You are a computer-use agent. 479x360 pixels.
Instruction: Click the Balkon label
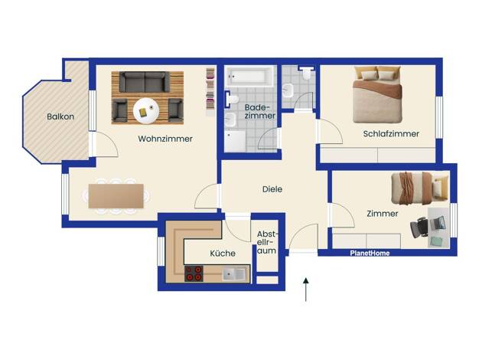[60, 116]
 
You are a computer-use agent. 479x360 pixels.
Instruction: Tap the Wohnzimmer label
[165, 139]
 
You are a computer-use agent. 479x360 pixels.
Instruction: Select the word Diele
[272, 189]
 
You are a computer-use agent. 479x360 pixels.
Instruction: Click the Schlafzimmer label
[391, 134]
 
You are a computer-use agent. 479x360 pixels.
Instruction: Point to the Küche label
[223, 254]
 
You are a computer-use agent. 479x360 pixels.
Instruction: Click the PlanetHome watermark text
[370, 254]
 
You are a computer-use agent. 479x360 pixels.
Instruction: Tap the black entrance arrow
[306, 290]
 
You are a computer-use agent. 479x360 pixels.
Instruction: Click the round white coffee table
[146, 111]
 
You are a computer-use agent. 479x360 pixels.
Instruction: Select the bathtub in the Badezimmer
[249, 77]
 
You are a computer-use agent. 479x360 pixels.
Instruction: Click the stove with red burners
[194, 273]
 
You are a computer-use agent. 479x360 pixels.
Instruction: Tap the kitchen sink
[233, 274]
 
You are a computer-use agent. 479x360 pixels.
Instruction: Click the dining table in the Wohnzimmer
[116, 196]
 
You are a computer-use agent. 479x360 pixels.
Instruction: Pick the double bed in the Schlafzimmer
[377, 95]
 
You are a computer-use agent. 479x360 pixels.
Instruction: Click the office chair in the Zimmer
[419, 227]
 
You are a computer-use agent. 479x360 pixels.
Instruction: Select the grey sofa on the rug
[144, 82]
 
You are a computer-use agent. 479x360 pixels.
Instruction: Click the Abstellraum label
[267, 243]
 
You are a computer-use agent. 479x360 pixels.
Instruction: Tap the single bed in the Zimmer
[420, 188]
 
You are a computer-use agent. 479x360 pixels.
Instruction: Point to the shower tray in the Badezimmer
[235, 141]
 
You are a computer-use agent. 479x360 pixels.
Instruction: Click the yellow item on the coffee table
[143, 113]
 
